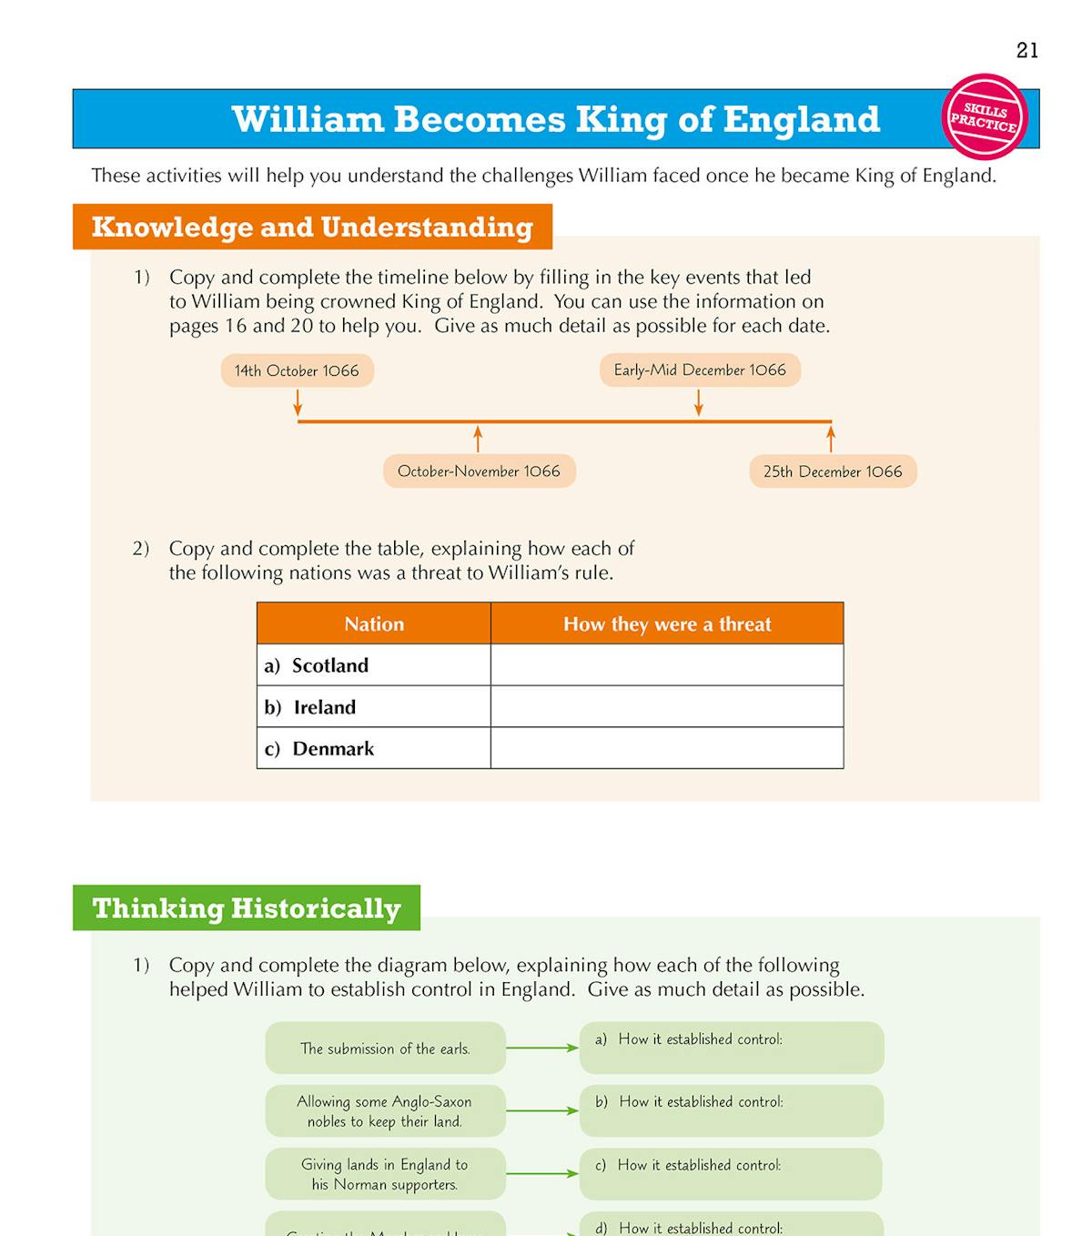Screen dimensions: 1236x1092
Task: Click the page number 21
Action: pos(1027,50)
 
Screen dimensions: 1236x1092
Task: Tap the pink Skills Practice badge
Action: pos(984,117)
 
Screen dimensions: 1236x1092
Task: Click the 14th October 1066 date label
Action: pos(297,370)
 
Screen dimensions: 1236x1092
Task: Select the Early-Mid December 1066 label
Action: pos(700,370)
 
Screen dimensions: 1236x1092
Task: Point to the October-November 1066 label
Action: pos(479,471)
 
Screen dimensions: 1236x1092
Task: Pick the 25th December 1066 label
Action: pos(833,471)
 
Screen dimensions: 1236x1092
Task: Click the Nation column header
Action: pos(374,623)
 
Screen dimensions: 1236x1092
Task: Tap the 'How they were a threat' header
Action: pos(667,623)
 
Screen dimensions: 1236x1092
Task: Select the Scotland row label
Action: pos(329,665)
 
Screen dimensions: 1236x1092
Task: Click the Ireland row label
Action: pos(324,707)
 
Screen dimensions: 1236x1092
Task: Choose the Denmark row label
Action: pos(332,748)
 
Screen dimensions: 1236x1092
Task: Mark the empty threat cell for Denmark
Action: pos(667,748)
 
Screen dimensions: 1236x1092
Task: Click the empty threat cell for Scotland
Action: pos(667,665)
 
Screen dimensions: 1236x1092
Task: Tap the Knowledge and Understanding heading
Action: pos(312,227)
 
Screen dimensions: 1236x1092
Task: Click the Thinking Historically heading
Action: pos(247,907)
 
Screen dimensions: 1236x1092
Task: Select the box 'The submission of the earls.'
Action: pos(385,1048)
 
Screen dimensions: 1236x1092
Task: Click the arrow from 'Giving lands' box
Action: pos(542,1173)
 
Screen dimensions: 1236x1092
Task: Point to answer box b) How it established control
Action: pos(732,1109)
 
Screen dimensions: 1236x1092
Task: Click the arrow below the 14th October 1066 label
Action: pos(298,403)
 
